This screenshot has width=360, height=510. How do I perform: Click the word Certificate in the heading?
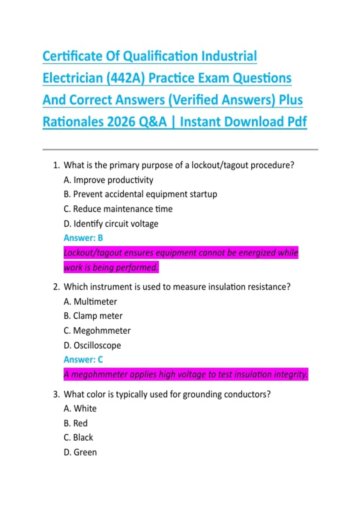[x=72, y=56]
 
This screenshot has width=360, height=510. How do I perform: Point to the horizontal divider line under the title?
[x=180, y=149]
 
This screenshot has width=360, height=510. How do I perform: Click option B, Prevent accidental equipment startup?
[x=140, y=194]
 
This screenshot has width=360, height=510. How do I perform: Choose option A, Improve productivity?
[x=108, y=180]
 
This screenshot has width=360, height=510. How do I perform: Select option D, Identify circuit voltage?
[x=111, y=223]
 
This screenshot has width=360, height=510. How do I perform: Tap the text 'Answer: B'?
[x=83, y=238]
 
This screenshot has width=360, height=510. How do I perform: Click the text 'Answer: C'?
[x=83, y=359]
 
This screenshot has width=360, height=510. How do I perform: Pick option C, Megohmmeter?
[x=97, y=330]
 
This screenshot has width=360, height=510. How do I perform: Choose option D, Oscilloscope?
[x=92, y=345]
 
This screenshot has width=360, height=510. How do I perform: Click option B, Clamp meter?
[x=93, y=316]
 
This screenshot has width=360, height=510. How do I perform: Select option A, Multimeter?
[x=90, y=301]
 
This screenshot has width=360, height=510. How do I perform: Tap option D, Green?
[x=80, y=452]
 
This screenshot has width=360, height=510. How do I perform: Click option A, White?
[x=80, y=408]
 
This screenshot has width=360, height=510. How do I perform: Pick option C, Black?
[x=78, y=437]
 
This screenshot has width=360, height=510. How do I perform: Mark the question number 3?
[x=56, y=394]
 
